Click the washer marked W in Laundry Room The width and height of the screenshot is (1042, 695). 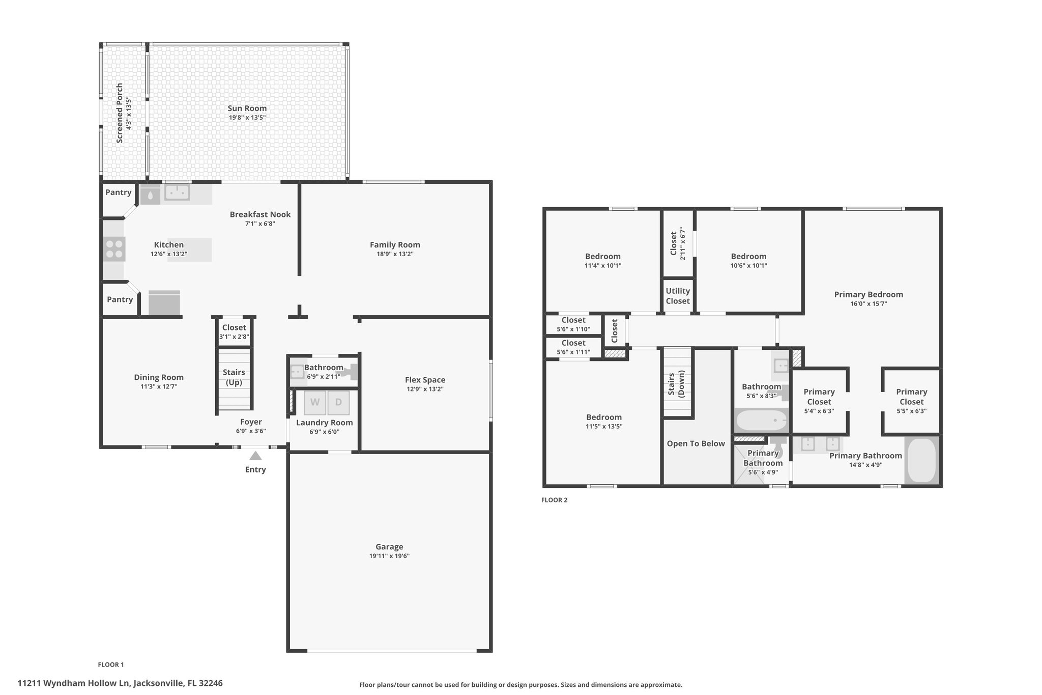(315, 403)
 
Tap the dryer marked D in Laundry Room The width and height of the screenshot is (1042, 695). (338, 403)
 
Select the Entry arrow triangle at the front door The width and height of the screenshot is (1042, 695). (255, 456)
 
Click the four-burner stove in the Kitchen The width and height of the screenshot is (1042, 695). (114, 249)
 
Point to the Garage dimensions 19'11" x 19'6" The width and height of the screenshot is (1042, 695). (390, 556)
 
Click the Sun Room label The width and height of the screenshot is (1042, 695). (247, 108)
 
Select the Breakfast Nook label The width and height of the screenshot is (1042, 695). (260, 214)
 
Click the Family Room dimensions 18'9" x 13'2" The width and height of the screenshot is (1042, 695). (395, 254)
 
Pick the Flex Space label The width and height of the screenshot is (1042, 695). (425, 380)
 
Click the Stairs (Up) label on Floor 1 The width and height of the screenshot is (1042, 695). (234, 377)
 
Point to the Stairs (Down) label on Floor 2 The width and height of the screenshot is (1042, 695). (677, 383)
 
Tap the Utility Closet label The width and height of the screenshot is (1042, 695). (678, 296)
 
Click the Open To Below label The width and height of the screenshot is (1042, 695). (696, 443)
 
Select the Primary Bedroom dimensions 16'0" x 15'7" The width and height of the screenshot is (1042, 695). (869, 304)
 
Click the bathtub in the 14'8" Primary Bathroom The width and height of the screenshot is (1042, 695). (922, 460)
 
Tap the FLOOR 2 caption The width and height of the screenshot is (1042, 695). (554, 500)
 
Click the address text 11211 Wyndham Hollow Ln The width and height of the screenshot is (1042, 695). (75, 683)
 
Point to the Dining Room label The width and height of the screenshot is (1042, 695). (159, 377)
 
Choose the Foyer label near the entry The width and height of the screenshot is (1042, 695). (251, 422)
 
